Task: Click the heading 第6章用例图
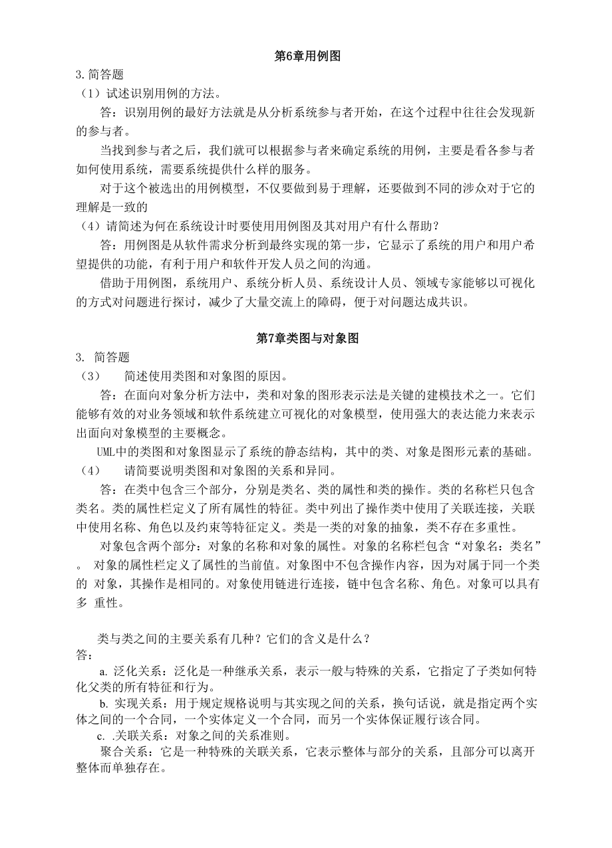click(x=307, y=57)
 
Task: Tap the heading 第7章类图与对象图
click(x=307, y=338)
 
